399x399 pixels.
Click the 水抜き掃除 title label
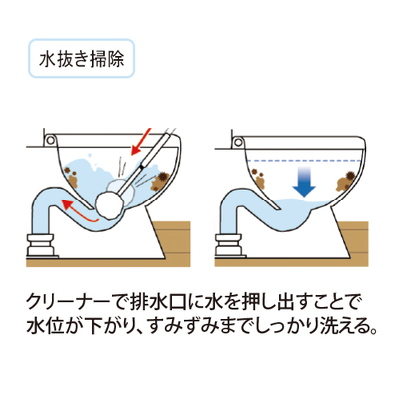[82, 59]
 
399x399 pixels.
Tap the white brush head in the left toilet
[110, 204]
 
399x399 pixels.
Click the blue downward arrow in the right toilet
[304, 182]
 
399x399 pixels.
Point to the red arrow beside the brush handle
[141, 142]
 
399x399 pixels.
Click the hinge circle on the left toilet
[50, 140]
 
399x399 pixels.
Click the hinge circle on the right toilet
[239, 142]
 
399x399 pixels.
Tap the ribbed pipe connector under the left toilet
[40, 245]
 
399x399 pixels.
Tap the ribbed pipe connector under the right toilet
[229, 245]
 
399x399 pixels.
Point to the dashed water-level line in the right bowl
[304, 161]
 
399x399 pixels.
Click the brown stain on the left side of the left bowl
[73, 177]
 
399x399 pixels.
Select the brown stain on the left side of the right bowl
[260, 178]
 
